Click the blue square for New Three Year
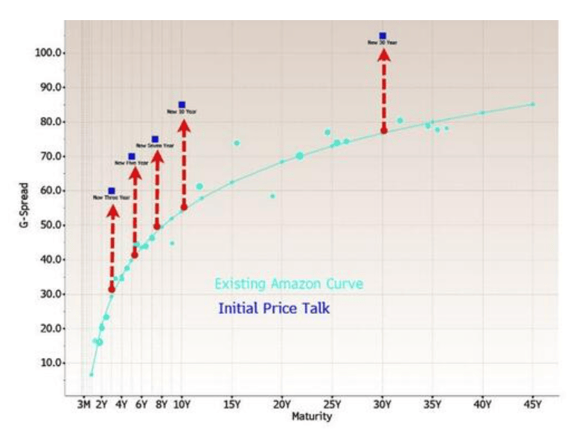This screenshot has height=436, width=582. [x=112, y=191]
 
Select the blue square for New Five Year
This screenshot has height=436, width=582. [x=132, y=156]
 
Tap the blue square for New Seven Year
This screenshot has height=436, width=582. [x=155, y=139]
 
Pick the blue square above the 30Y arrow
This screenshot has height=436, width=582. [x=383, y=36]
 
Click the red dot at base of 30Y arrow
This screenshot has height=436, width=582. [x=384, y=131]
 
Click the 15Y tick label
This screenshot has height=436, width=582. [x=231, y=405]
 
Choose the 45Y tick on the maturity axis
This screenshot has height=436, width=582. [x=533, y=405]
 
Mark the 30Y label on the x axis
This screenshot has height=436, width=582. [x=383, y=405]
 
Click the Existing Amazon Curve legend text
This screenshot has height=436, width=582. [x=289, y=284]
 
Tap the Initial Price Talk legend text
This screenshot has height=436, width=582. [x=274, y=308]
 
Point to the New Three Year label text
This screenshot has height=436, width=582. [x=112, y=198]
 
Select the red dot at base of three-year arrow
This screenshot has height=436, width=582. [x=112, y=289]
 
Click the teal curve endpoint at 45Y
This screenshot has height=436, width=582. [x=533, y=104]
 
